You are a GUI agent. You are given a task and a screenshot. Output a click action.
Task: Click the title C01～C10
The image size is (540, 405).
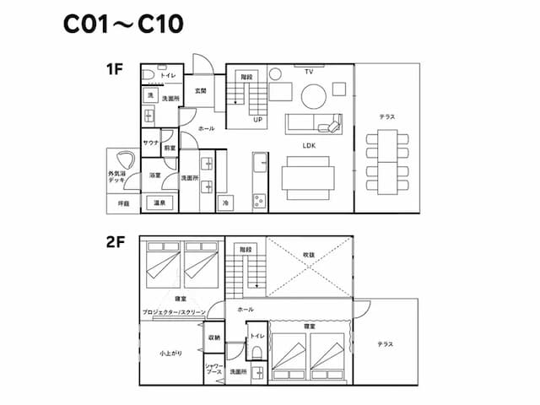click(x=122, y=24)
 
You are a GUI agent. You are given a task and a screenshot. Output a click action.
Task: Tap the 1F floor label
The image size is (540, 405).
click(x=116, y=69)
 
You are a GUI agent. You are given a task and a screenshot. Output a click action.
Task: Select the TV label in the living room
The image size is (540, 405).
click(x=309, y=72)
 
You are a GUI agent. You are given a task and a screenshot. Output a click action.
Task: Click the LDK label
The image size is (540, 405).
click(x=309, y=144)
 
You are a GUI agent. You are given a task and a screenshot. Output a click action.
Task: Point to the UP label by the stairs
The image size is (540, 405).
click(x=258, y=120)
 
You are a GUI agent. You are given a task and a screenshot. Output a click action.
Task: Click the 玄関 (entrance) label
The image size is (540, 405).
click(x=201, y=90)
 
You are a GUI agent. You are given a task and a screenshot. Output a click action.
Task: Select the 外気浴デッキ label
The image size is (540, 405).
click(x=117, y=177)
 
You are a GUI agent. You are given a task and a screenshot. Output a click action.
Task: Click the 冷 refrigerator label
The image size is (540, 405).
click(x=225, y=203)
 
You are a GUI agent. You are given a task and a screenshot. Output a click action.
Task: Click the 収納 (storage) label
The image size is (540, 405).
click(x=213, y=337)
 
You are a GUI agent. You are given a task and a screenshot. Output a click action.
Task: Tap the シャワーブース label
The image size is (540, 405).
click(x=213, y=370)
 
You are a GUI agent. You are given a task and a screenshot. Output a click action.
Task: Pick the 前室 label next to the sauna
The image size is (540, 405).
click(x=170, y=148)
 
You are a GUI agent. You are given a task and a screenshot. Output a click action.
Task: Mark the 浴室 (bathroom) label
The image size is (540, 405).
click(x=155, y=175)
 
